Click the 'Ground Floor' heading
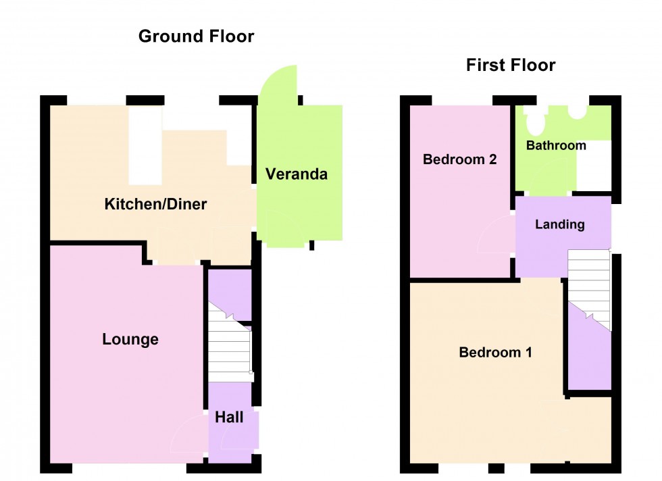point(196,36)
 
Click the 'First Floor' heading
point(510,66)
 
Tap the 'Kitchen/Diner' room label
point(155,204)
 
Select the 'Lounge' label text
point(130,339)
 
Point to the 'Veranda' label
point(296,174)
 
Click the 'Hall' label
point(229,417)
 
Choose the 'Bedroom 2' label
point(459,160)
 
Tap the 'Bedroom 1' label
point(495,352)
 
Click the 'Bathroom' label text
point(556,146)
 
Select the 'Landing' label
point(559,225)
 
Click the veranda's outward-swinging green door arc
point(278,88)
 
